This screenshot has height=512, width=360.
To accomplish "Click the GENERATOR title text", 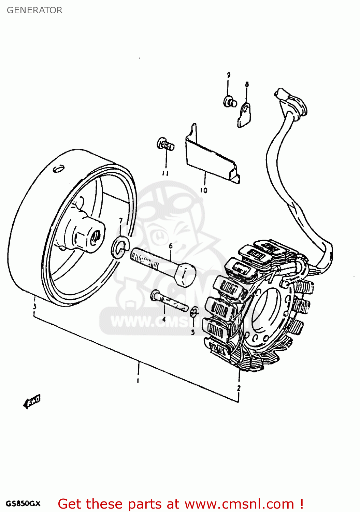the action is [x=34, y=10].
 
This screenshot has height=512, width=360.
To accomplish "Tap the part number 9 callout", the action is [x=229, y=75].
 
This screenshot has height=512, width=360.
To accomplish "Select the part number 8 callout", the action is [x=247, y=84].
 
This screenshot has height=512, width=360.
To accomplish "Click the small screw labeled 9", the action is [x=230, y=102].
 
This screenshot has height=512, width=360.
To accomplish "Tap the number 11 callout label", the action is [x=165, y=173].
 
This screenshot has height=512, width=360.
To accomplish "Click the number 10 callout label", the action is [x=204, y=190].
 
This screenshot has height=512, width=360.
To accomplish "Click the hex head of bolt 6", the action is [x=185, y=275].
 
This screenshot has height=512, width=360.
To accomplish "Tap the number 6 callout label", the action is [x=171, y=246].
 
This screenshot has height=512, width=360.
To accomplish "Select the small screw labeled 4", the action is [x=169, y=301].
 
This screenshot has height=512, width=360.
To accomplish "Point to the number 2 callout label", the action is [x=239, y=388].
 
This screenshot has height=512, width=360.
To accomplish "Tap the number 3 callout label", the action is [x=34, y=307].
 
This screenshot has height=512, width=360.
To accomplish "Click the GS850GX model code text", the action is [x=23, y=503].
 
